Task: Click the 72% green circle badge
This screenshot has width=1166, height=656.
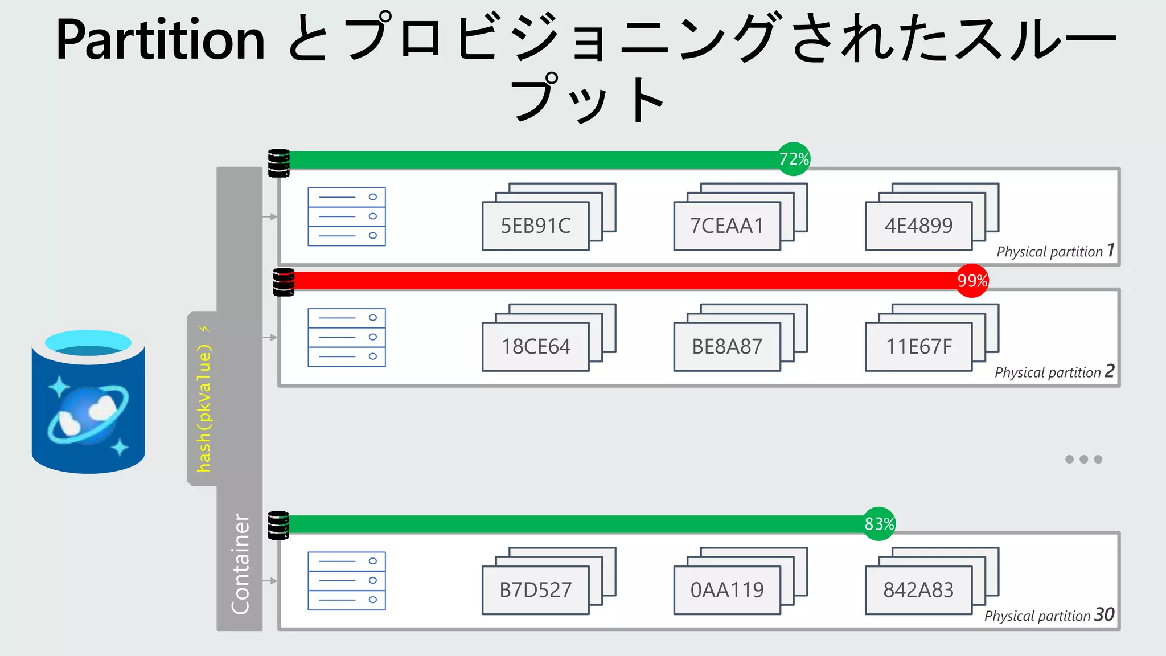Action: pyautogui.click(x=794, y=159)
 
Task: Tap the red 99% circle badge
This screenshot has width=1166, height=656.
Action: pyautogui.click(x=972, y=281)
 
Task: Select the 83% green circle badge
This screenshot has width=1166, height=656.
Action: pyautogui.click(x=879, y=524)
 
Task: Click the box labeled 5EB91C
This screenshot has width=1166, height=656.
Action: pyautogui.click(x=535, y=226)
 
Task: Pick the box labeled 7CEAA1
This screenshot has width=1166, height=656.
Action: pyautogui.click(x=726, y=226)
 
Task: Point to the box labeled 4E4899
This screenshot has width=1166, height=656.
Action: pyautogui.click(x=918, y=226)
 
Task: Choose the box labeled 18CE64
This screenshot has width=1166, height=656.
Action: pyautogui.click(x=535, y=347)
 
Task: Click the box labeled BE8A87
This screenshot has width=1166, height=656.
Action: pyautogui.click(x=726, y=347)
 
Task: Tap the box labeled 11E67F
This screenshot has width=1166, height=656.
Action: pyautogui.click(x=918, y=347)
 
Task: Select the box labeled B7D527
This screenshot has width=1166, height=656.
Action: pyautogui.click(x=535, y=591)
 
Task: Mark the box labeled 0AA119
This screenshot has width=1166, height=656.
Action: pyautogui.click(x=726, y=591)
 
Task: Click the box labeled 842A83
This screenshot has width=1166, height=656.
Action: pyautogui.click(x=918, y=591)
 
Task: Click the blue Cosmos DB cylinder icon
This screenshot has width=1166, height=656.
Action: pyautogui.click(x=88, y=401)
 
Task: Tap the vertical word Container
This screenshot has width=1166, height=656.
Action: pyautogui.click(x=240, y=564)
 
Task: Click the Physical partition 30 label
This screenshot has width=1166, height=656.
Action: pyautogui.click(x=1049, y=616)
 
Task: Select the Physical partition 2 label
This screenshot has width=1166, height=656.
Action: pyautogui.click(x=1054, y=372)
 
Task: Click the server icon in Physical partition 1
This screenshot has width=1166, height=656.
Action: pyautogui.click(x=347, y=216)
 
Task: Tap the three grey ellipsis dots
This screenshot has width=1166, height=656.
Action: pyautogui.click(x=1083, y=460)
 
